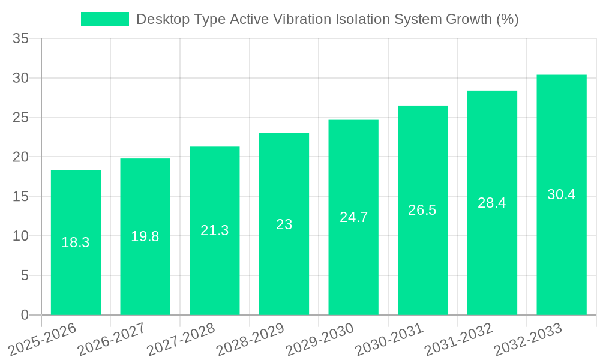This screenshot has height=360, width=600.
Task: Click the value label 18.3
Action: [76, 242]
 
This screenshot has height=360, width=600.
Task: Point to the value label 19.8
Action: [145, 236]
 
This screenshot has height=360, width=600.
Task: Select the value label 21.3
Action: [214, 230]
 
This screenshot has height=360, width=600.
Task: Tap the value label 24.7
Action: [353, 217]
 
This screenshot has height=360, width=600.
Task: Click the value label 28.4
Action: [492, 203]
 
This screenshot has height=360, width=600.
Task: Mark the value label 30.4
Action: [562, 194]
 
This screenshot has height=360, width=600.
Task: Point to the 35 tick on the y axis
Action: [20, 39]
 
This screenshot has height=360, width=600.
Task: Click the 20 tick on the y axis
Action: [20, 157]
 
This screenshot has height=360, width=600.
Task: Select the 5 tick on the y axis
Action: [25, 275]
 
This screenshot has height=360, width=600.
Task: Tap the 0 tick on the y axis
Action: [25, 315]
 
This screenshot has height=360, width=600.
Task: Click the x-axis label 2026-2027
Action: [107, 339]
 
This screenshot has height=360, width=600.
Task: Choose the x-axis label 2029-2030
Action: [316, 339]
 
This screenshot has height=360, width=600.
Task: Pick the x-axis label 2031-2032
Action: [454, 339]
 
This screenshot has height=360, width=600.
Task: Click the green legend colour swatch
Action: [105, 19]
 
